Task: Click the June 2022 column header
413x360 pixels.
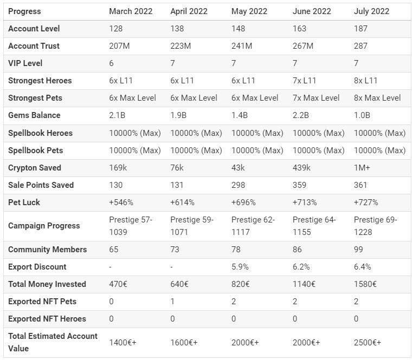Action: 312,11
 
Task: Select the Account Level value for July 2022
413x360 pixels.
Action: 360,28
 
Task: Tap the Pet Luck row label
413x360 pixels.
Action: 24,202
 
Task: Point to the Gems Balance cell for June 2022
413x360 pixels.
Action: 300,115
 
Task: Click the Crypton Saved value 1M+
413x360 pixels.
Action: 362,168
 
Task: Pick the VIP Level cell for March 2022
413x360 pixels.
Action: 112,63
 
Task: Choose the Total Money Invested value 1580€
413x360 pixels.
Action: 365,284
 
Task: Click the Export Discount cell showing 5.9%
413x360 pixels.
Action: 240,267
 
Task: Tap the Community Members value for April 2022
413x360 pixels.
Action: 175,249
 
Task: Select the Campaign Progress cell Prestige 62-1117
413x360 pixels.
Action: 253,226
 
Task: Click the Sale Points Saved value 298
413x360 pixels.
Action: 238,185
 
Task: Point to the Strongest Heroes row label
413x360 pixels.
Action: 40,81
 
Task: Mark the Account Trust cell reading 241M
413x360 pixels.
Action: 242,46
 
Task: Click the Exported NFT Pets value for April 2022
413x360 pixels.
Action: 172,302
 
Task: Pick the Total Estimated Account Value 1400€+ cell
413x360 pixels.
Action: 122,343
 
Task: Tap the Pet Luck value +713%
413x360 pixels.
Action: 305,202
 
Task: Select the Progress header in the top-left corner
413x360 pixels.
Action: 24,11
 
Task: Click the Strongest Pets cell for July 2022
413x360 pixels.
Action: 377,98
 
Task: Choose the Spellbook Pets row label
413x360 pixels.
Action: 36,150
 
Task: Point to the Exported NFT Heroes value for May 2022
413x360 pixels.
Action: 234,319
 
